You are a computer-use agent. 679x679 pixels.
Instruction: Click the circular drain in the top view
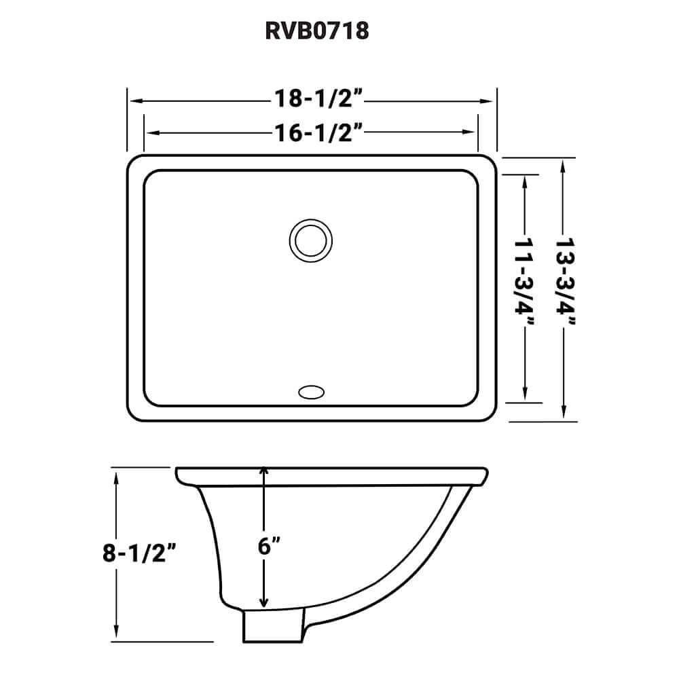tap(310, 240)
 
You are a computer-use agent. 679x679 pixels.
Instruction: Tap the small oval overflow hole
tap(311, 391)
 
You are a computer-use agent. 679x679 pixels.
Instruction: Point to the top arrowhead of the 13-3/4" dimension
tap(564, 164)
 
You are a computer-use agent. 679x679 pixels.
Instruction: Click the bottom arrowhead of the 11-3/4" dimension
tap(526, 395)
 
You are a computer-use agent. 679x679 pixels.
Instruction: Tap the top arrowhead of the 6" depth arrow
tap(263, 472)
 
